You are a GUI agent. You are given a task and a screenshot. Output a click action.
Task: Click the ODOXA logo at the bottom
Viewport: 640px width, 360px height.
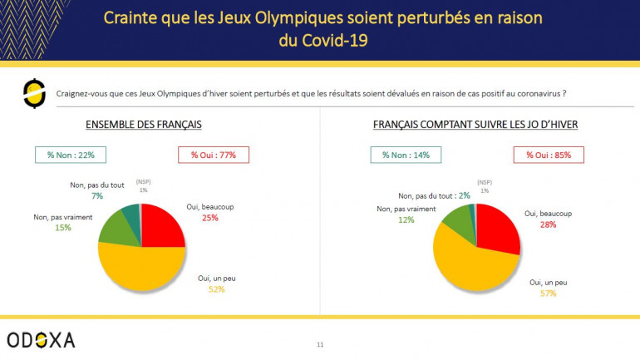click(x=41, y=339)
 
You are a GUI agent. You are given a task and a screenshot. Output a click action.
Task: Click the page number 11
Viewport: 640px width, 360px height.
click(x=320, y=343)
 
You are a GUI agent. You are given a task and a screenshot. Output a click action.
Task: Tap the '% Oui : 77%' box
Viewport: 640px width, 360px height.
click(x=213, y=155)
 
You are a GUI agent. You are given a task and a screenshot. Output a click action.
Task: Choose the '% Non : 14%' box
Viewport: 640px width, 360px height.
click(x=406, y=155)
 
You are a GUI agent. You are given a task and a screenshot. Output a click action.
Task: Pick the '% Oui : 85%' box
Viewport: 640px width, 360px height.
click(x=549, y=155)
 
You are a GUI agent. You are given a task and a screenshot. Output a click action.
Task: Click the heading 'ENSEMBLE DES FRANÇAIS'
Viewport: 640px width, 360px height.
click(x=144, y=125)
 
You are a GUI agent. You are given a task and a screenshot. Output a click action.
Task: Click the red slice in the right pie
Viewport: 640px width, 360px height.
click(x=497, y=229)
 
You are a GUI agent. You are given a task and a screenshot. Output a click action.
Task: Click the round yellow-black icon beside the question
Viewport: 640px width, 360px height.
click(x=34, y=94)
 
